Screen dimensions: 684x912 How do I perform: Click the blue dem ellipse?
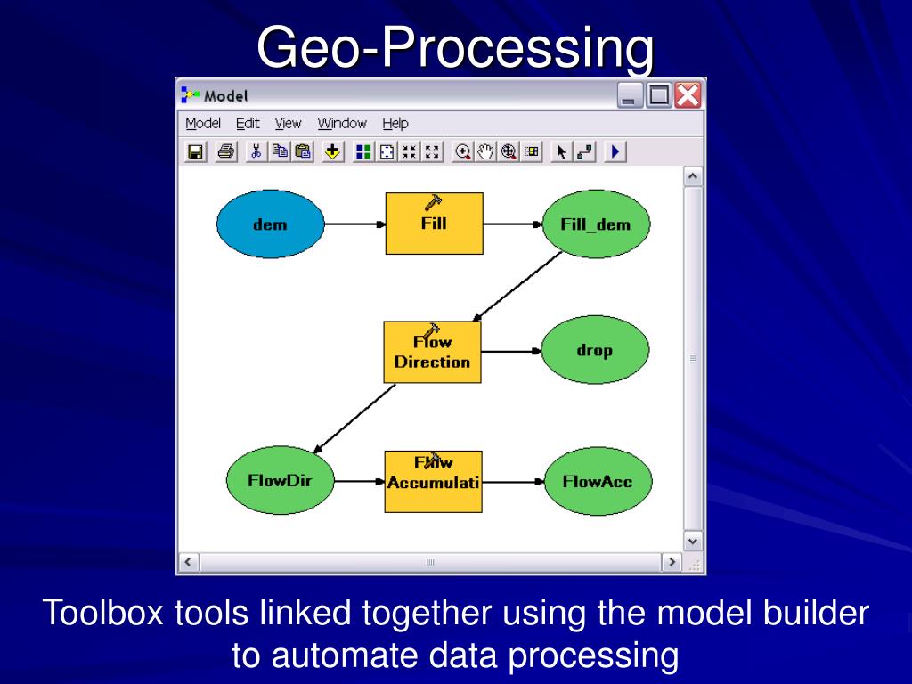click(x=269, y=224)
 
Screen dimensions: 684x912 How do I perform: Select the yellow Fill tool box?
click(x=434, y=224)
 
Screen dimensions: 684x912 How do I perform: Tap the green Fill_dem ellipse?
click(x=596, y=224)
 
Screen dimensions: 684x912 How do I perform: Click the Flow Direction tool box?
click(x=432, y=353)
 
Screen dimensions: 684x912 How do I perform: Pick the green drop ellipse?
click(x=594, y=351)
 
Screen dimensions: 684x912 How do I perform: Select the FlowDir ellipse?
click(x=279, y=482)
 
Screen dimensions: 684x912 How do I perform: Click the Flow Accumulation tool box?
click(x=433, y=482)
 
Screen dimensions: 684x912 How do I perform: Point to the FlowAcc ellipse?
click(x=598, y=482)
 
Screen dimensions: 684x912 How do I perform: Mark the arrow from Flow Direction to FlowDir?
click(x=355, y=417)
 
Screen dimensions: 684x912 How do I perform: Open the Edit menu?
click(x=248, y=124)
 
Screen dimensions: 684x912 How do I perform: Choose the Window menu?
click(x=342, y=124)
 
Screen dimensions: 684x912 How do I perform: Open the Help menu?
click(x=395, y=124)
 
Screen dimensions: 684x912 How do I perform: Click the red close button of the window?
click(x=688, y=95)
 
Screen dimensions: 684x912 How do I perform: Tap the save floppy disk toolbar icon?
click(x=195, y=151)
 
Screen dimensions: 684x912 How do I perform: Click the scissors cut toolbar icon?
click(x=256, y=151)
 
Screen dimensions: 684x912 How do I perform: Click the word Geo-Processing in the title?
click(x=455, y=48)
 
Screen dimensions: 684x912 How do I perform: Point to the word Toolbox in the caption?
click(x=104, y=613)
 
